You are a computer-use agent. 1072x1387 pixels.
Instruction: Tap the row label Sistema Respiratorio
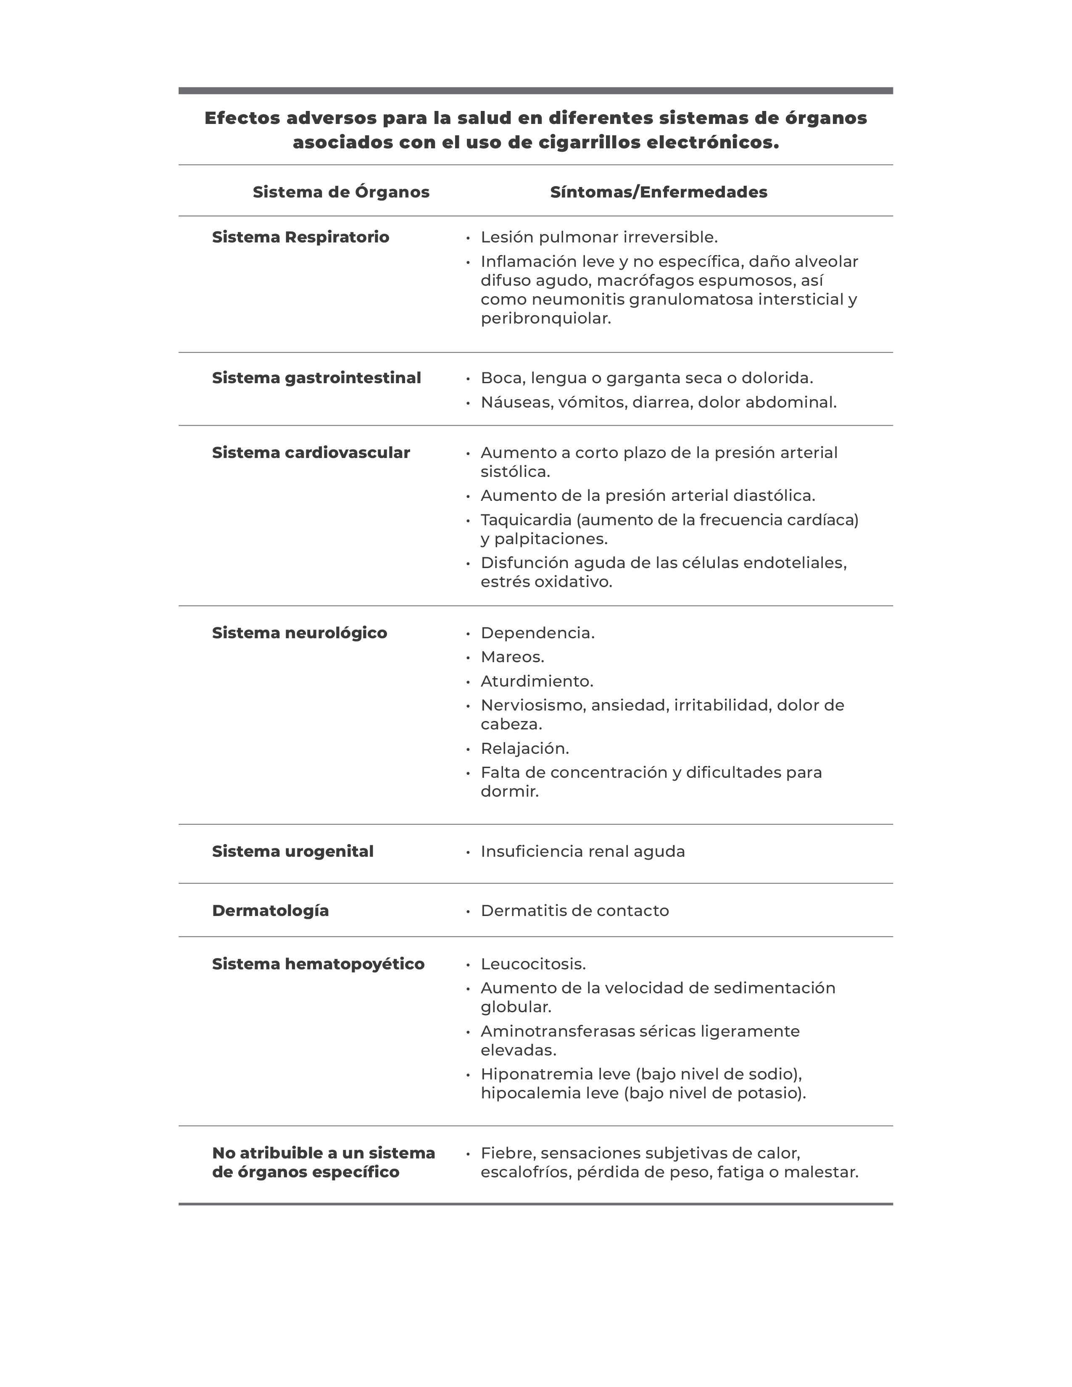(x=300, y=237)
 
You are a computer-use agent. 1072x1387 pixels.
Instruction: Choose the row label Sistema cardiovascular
(x=311, y=453)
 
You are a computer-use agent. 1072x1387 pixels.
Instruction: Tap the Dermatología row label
(x=270, y=911)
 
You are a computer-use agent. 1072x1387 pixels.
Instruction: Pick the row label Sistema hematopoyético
(x=318, y=964)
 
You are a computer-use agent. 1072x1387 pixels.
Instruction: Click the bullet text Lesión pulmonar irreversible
(x=599, y=237)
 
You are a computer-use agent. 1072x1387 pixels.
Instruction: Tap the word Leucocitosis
(x=533, y=964)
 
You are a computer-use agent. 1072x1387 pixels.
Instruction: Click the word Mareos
(x=512, y=657)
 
